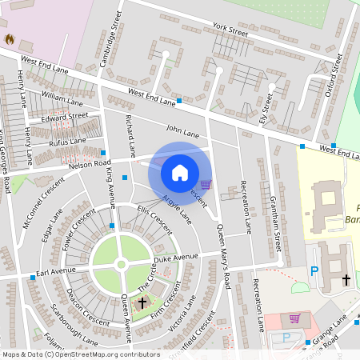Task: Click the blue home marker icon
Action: pyautogui.click(x=180, y=172)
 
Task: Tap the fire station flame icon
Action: pyautogui.click(x=10, y=38)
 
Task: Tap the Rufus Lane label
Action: pyautogui.click(x=68, y=141)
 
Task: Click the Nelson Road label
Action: pyautogui.click(x=90, y=163)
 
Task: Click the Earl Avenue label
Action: pyautogui.click(x=55, y=272)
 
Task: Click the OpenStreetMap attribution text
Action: pyautogui.click(x=80, y=354)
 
